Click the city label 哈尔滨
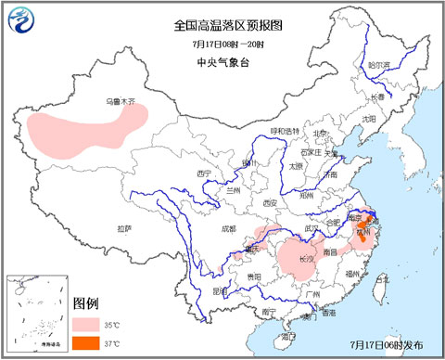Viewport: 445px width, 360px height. (x=377, y=65)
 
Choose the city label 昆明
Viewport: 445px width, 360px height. (x=220, y=291)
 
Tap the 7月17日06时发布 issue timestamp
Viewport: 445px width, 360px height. (x=388, y=344)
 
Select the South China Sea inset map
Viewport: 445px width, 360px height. (x=36, y=314)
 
